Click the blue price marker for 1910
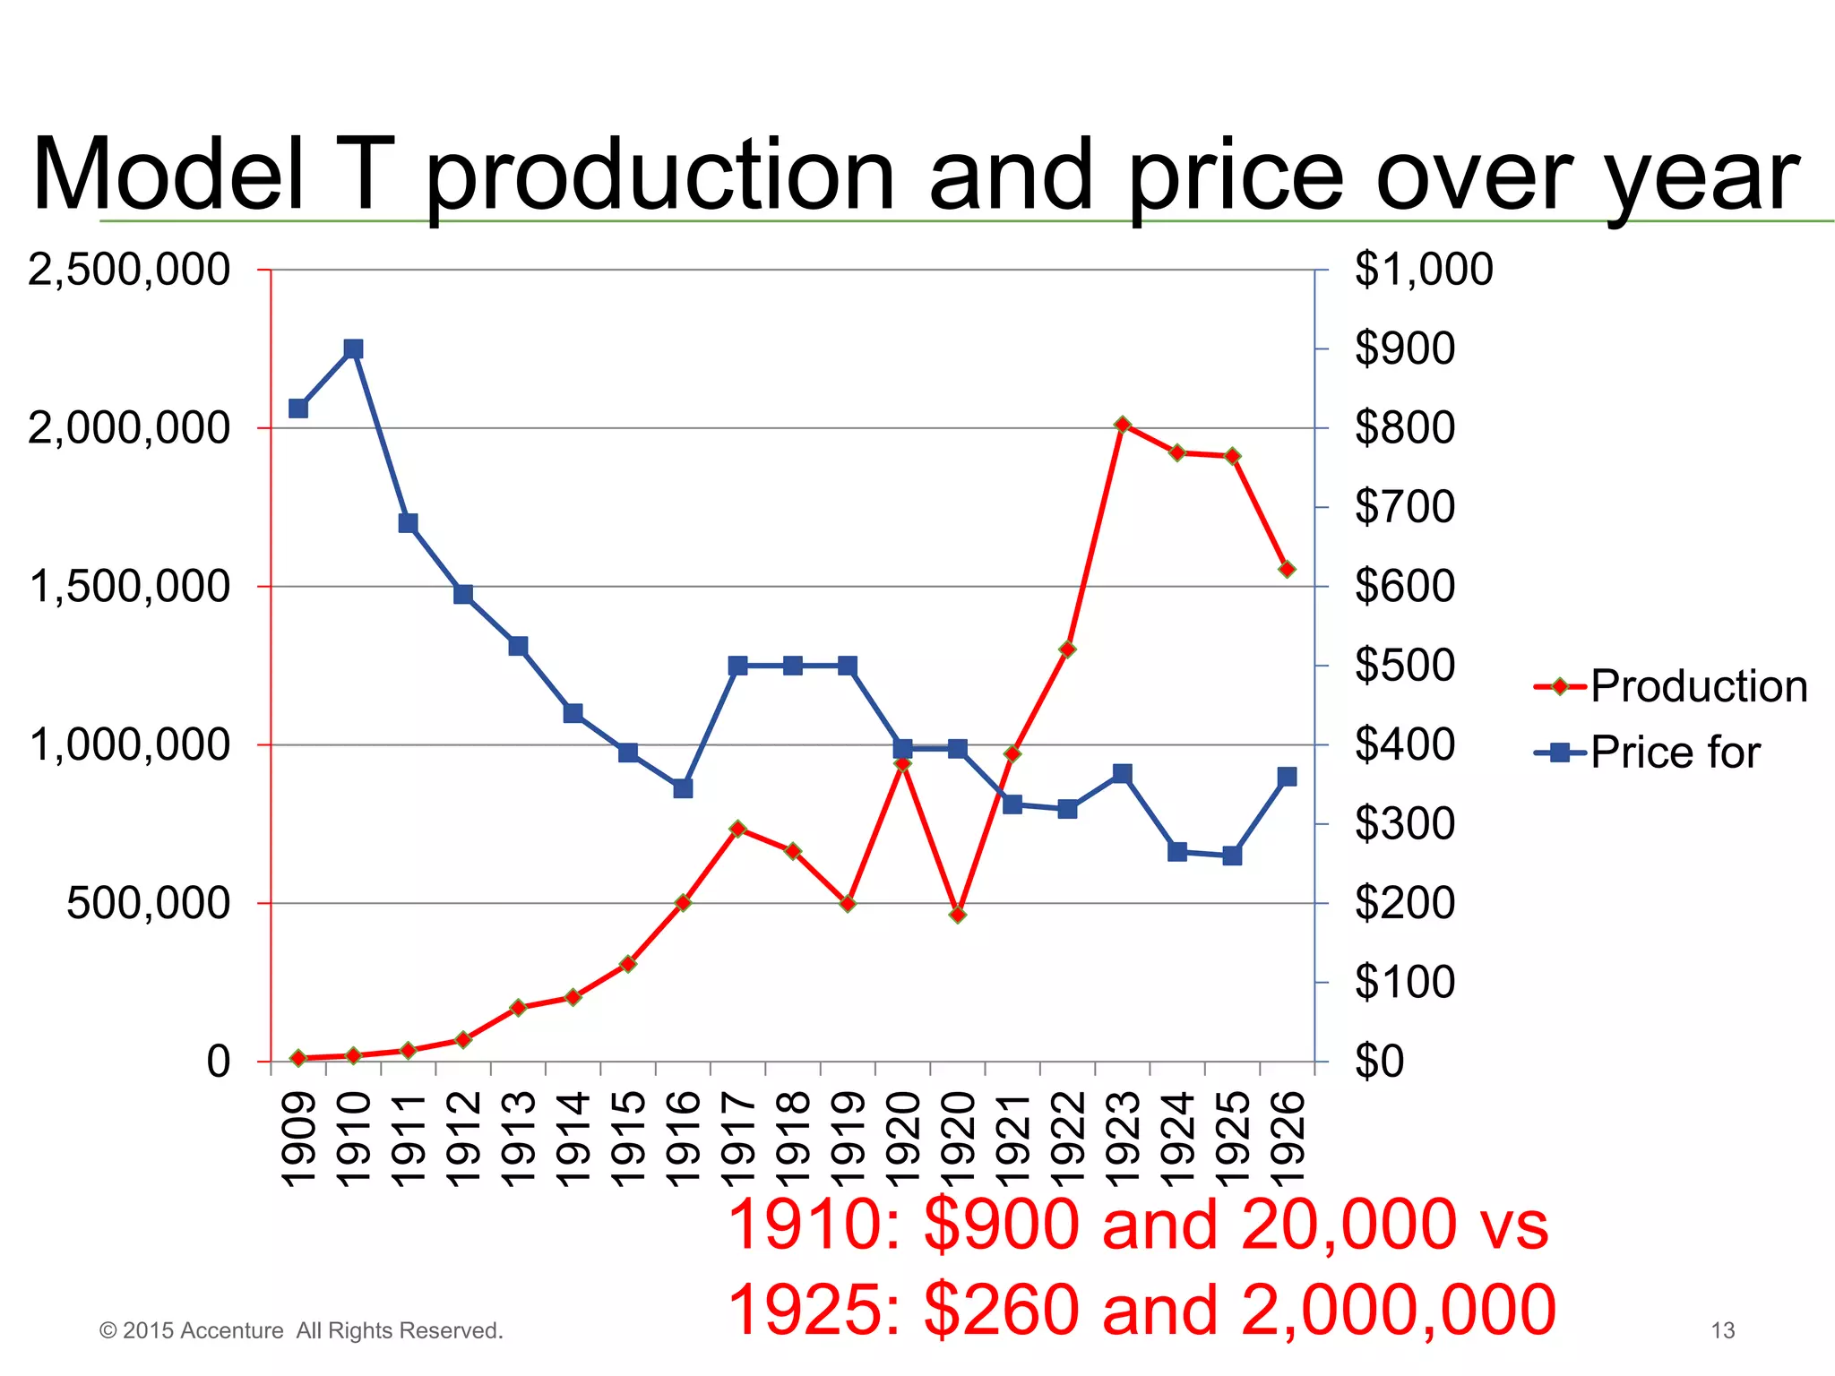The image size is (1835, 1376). pyautogui.click(x=353, y=348)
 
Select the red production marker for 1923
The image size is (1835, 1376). pyautogui.click(x=1122, y=425)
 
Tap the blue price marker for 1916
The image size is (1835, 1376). pyautogui.click(x=683, y=788)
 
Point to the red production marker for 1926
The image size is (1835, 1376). pyautogui.click(x=1287, y=569)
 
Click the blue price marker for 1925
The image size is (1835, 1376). pyautogui.click(x=1232, y=856)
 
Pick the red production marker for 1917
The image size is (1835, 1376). pyautogui.click(x=737, y=829)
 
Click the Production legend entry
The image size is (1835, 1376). pyautogui.click(x=1672, y=687)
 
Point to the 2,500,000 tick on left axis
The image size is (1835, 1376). pyautogui.click(x=129, y=270)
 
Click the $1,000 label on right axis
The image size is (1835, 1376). pyautogui.click(x=1423, y=270)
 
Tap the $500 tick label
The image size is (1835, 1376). pyautogui.click(x=1404, y=666)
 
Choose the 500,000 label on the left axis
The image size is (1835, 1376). pyautogui.click(x=148, y=903)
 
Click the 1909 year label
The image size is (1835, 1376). pyautogui.click(x=298, y=1139)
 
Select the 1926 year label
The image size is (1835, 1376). pyautogui.click(x=1288, y=1139)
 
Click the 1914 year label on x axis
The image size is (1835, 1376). pyautogui.click(x=573, y=1139)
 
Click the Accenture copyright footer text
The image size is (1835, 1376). pyautogui.click(x=301, y=1330)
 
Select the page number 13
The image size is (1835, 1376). pyautogui.click(x=1722, y=1330)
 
